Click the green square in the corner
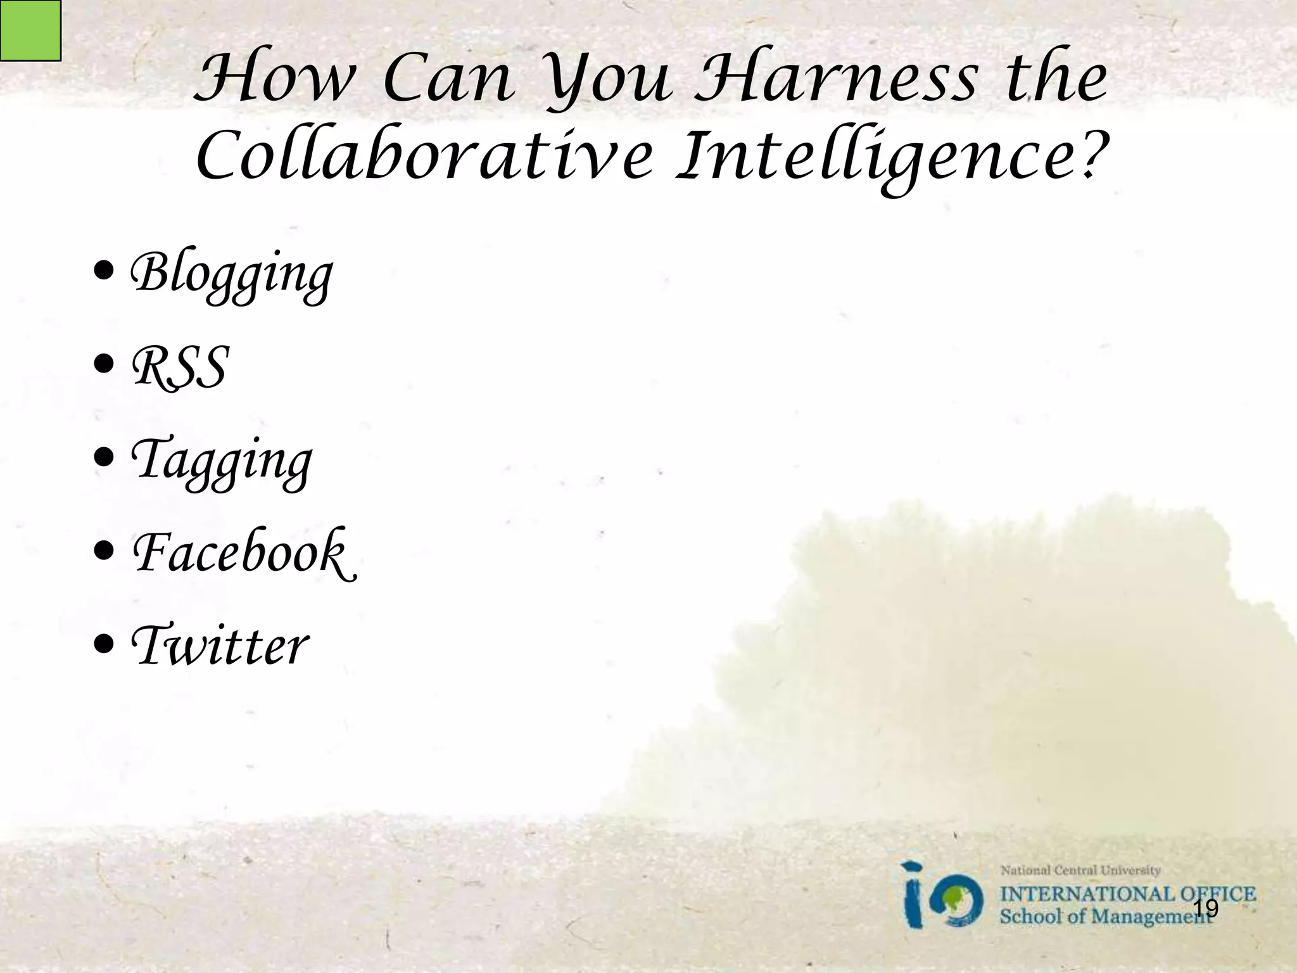point(30,30)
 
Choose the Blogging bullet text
point(231,274)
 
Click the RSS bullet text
point(179,367)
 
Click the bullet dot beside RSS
point(103,366)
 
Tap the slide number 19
point(1205,908)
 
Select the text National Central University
point(1080,870)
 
